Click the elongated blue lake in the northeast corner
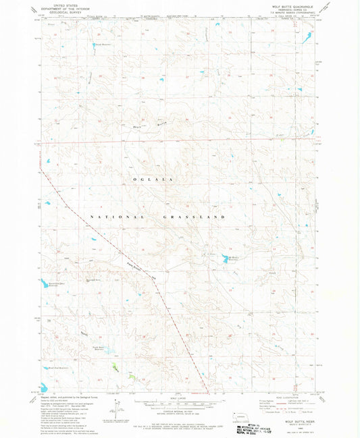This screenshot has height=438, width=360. pos(307,38)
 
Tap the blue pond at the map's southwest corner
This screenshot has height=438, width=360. pos(43,388)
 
